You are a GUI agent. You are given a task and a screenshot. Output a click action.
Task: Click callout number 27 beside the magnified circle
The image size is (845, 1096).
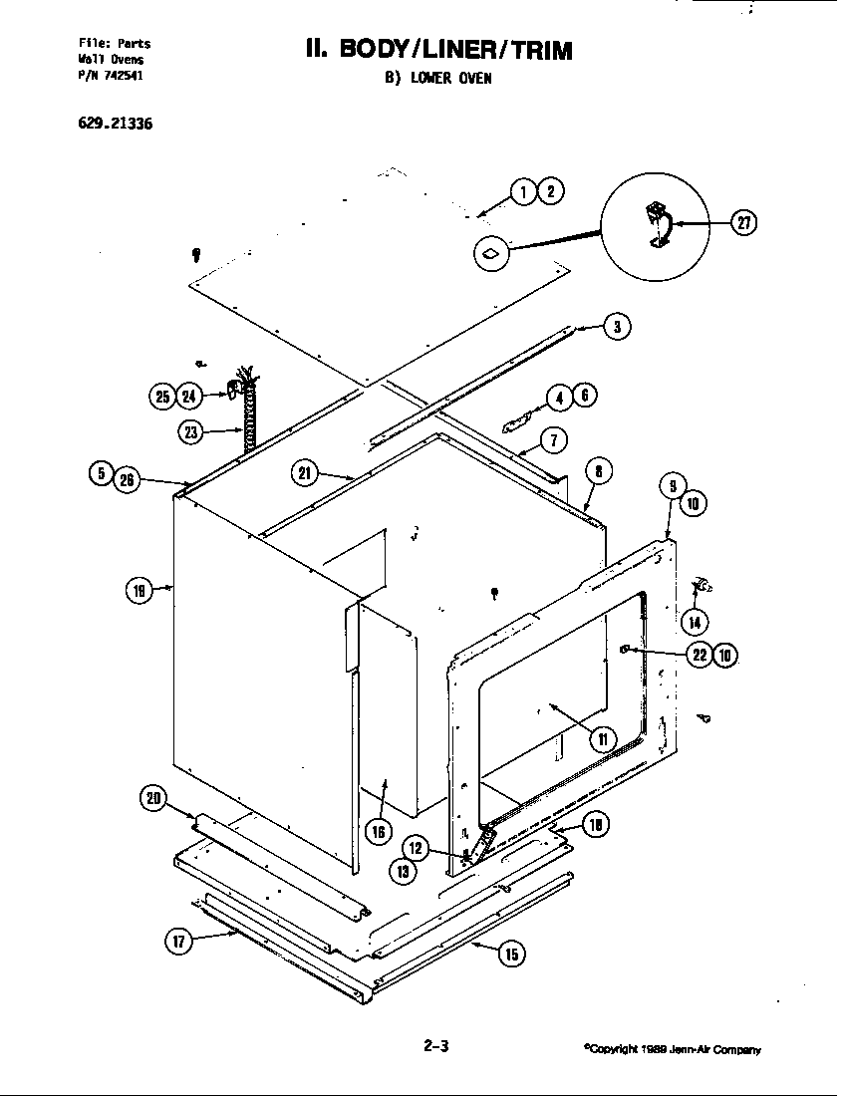point(742,223)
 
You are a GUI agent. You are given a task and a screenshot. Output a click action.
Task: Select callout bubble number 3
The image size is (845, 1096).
point(618,326)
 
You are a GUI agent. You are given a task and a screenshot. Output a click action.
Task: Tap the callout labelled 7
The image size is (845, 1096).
point(553,439)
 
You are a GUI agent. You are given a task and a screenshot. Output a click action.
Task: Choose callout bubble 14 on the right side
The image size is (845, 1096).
point(695,622)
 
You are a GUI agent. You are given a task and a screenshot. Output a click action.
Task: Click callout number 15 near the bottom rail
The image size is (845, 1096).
point(511,954)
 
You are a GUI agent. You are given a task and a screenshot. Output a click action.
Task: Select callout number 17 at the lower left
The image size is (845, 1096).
point(179,942)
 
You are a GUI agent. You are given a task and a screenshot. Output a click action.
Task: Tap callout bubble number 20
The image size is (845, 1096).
point(152,798)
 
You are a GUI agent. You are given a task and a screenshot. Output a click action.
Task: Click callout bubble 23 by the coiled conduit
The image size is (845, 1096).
point(192,431)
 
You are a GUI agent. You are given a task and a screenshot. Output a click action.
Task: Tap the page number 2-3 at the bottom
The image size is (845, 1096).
point(436,1046)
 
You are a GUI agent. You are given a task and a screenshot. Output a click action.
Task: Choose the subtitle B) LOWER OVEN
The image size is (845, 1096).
point(437,80)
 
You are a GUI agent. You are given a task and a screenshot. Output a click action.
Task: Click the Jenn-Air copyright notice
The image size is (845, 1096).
point(674,1049)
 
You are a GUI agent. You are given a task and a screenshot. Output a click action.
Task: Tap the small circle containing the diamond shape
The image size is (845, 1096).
point(492,254)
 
